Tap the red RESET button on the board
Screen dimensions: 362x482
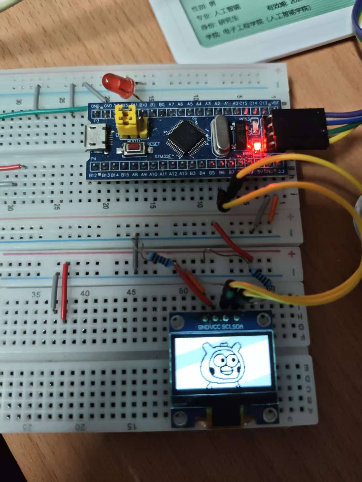tap(134, 148)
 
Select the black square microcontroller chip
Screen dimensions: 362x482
tap(186, 138)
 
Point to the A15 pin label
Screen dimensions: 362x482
tap(183, 174)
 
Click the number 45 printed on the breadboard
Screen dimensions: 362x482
tap(131, 292)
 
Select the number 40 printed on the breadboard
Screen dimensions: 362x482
tap(85, 293)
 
